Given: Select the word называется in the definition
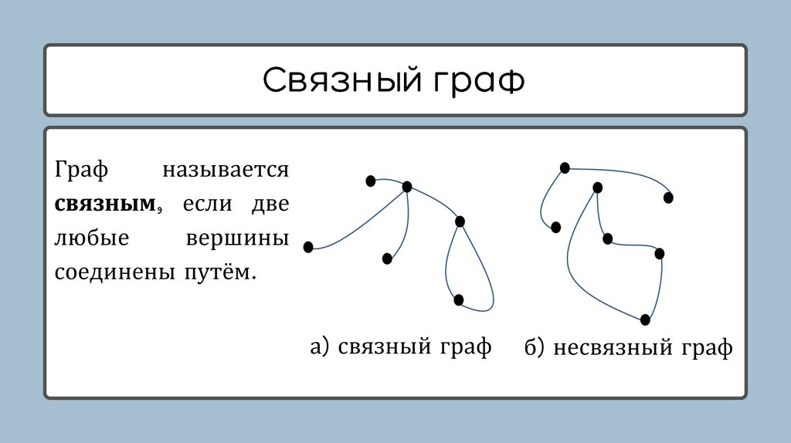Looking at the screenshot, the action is point(225,170).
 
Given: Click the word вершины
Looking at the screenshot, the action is point(237,238).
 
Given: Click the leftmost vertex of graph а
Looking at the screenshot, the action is point(308,247).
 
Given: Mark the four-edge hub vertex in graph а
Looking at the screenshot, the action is point(407,186).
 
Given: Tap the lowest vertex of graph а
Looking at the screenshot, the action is point(459,299).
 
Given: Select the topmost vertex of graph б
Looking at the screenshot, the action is point(565,167).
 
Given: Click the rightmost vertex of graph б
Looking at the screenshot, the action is point(668,198).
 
